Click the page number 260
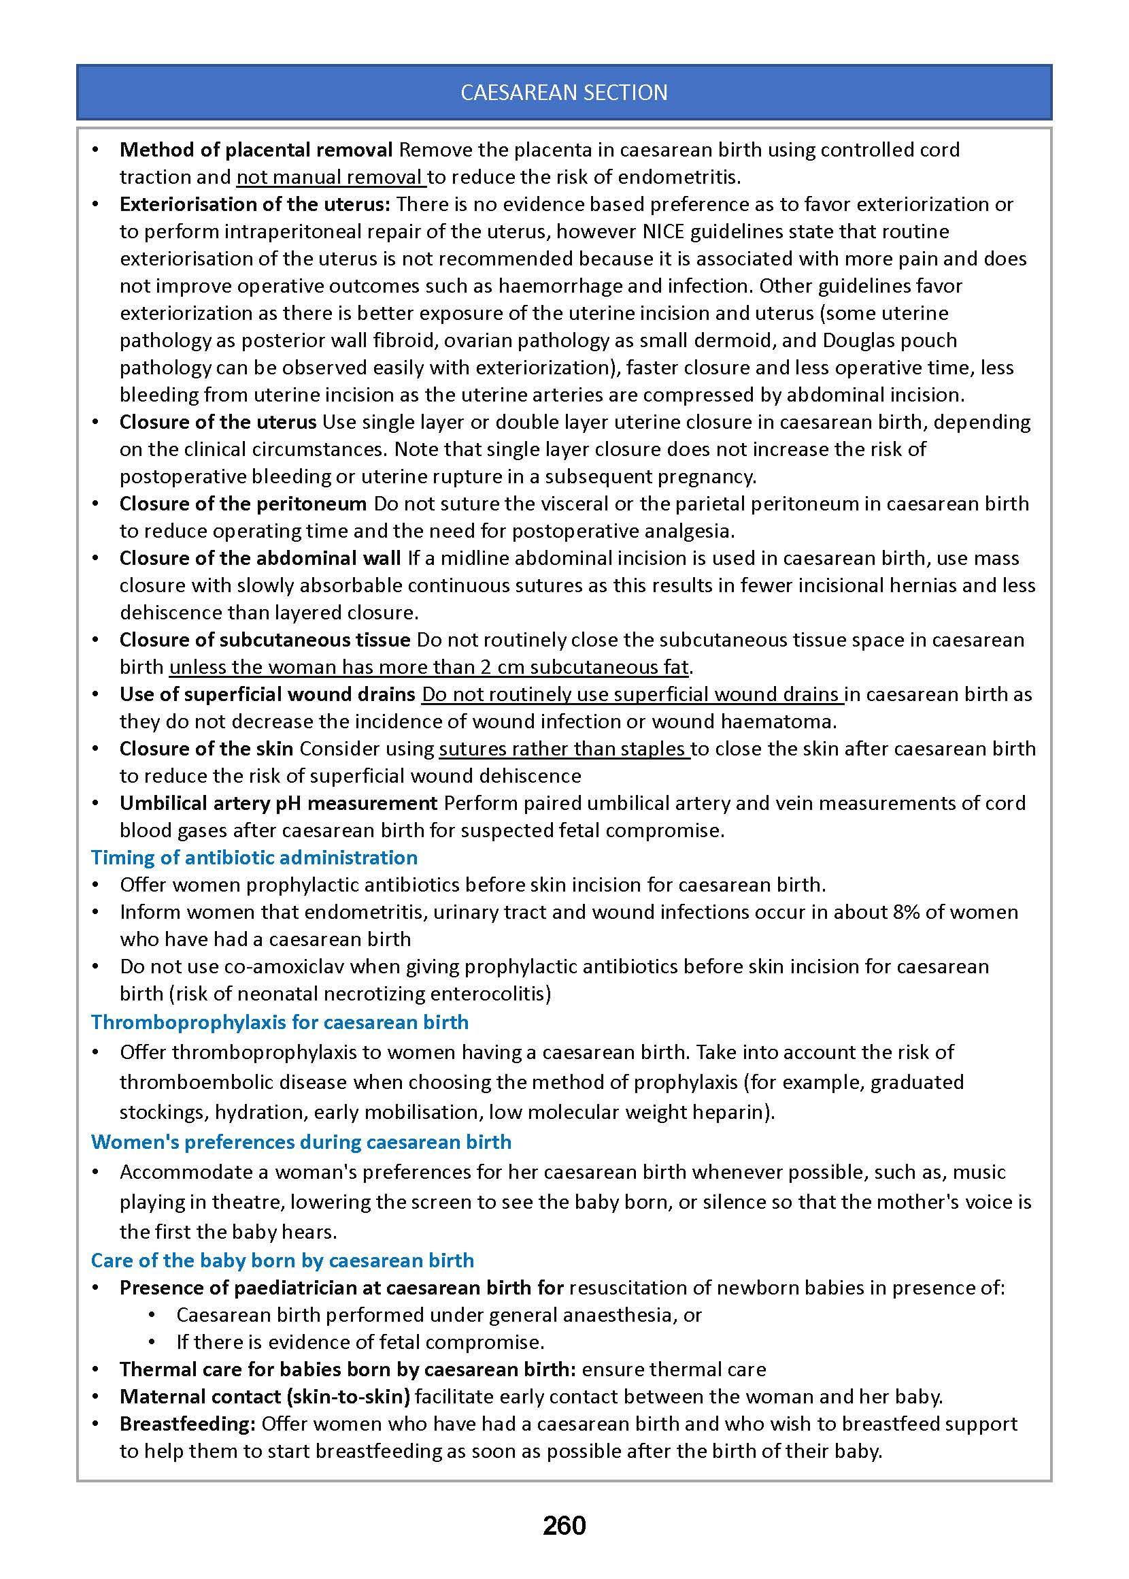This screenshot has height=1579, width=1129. click(x=564, y=1525)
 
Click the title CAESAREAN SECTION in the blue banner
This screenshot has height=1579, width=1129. click(x=564, y=93)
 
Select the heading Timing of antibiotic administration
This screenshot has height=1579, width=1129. click(x=254, y=857)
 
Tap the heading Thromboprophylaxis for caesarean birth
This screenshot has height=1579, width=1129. click(x=280, y=1022)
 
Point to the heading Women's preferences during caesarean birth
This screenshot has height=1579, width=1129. click(x=301, y=1142)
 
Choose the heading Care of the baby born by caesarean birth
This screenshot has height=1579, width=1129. click(x=282, y=1260)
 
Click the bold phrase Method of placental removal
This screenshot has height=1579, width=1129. click(x=256, y=150)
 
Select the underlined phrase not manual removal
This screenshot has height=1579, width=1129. click(x=331, y=178)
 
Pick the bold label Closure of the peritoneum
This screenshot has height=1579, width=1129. click(x=243, y=504)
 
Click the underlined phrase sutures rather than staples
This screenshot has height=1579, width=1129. click(x=563, y=749)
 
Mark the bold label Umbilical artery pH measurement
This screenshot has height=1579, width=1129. click(x=278, y=803)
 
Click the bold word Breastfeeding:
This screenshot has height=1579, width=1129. click(x=187, y=1424)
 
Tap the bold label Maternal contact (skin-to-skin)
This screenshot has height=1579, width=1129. click(x=264, y=1397)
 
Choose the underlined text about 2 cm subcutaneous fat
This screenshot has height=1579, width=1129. click(x=429, y=668)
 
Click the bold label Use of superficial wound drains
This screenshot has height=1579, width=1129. click(x=267, y=694)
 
